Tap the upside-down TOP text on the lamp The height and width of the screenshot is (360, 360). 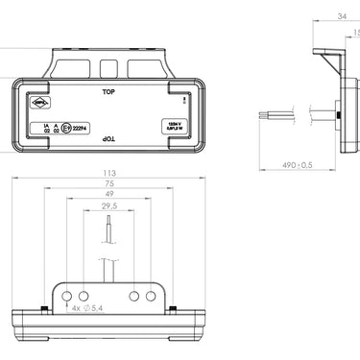[x=108, y=140]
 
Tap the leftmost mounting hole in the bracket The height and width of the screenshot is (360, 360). [x=67, y=295]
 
